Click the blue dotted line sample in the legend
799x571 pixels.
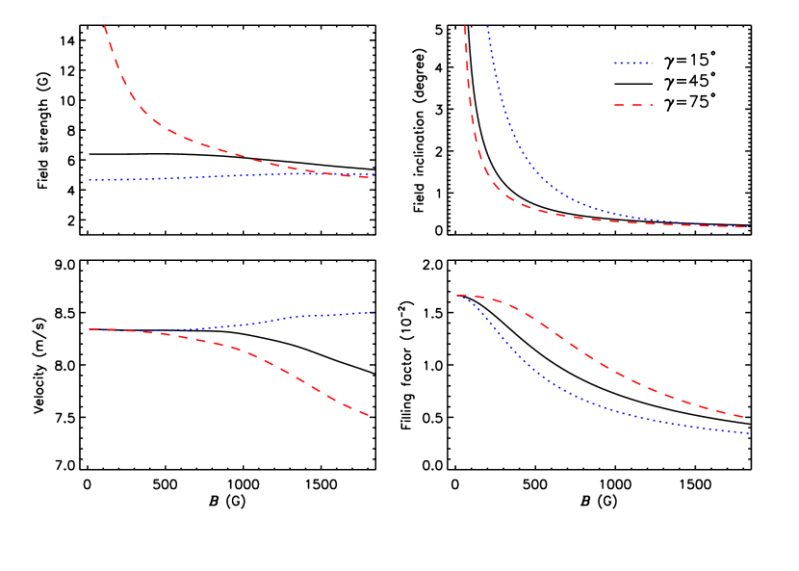(632, 64)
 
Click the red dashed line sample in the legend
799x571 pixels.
(632, 104)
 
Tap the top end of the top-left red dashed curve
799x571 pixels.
(104, 26)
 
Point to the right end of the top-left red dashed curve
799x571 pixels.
(371, 178)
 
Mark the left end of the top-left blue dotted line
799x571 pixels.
(89, 180)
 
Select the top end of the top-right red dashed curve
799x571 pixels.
(465, 26)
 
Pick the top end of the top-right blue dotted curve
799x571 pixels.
(488, 26)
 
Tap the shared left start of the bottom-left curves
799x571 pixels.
(90, 329)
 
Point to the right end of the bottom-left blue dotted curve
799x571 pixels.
(373, 312)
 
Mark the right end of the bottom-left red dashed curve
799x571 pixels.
(370, 416)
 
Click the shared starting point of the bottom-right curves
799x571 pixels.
(457, 296)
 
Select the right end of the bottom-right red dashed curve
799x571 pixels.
(744, 417)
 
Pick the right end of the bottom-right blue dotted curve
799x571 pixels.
(748, 433)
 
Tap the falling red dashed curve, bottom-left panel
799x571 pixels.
(289, 373)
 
